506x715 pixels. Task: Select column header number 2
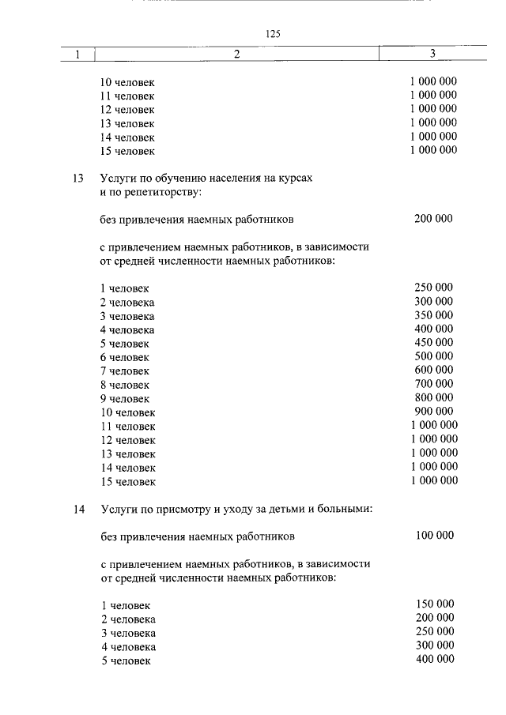click(x=236, y=55)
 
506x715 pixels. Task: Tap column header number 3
click(x=432, y=55)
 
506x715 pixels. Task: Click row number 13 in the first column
click(x=77, y=179)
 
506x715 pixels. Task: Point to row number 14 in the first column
click(x=77, y=510)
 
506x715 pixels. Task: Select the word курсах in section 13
click(x=296, y=179)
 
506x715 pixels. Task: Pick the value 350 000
click(x=433, y=315)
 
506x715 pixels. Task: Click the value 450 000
click(x=433, y=342)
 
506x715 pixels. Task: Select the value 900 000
click(x=433, y=411)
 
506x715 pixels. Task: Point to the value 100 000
click(x=434, y=536)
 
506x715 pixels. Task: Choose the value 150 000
click(x=434, y=604)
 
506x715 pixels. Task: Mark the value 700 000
click(x=433, y=383)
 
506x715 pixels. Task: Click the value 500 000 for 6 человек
click(x=433, y=356)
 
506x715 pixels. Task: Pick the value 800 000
click(x=433, y=397)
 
